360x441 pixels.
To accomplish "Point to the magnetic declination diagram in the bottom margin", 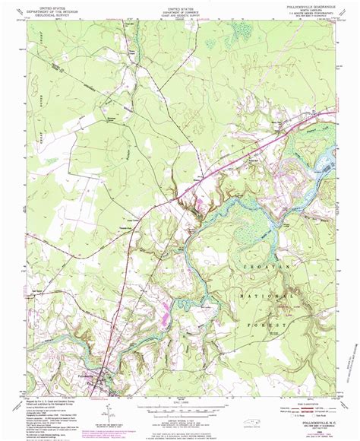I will [107, 408].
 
